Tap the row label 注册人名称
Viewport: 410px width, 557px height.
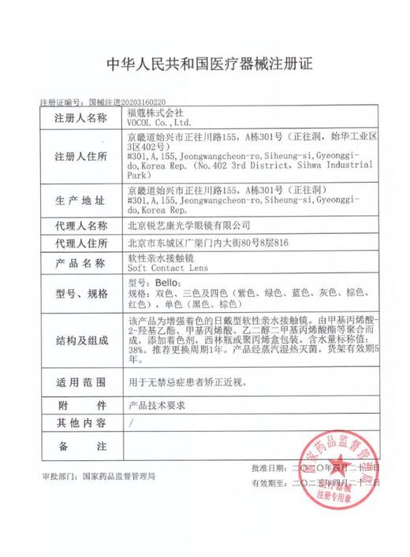click(x=80, y=117)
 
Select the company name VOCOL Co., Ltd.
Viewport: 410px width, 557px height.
click(x=159, y=123)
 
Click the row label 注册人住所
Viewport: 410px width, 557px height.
click(x=80, y=156)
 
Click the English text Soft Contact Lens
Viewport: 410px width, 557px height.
click(x=161, y=269)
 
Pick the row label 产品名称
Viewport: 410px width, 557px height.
click(x=80, y=263)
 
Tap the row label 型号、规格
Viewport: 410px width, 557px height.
click(x=80, y=294)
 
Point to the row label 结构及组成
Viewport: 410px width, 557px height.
click(x=80, y=340)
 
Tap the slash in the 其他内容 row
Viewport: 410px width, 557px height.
click(x=130, y=423)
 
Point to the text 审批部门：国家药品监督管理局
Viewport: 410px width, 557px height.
click(x=99, y=477)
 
